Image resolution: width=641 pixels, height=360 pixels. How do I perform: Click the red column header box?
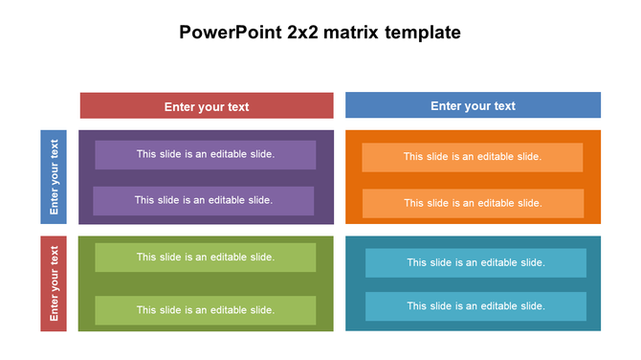point(207,105)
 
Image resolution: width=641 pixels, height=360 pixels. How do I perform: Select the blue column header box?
point(473,105)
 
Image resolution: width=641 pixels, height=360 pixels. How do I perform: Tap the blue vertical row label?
point(54,176)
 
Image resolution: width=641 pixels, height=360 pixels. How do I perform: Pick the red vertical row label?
point(54,283)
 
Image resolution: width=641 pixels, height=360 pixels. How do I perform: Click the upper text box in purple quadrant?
point(205,154)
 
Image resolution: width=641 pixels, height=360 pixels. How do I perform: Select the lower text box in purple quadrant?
point(203,200)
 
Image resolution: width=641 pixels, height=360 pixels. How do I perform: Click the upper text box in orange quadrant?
point(472,157)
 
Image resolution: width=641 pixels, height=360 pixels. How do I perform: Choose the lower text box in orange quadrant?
point(472,203)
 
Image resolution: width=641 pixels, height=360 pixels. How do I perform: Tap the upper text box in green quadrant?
point(205,257)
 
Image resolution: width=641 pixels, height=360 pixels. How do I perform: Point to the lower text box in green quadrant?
point(205,310)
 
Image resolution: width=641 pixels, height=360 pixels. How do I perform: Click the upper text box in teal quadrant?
point(475,262)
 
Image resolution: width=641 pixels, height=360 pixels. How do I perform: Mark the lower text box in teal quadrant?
point(475,306)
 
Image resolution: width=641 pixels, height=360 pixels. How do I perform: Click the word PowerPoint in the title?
point(230,33)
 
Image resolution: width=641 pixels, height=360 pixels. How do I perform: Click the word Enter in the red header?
point(180,107)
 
